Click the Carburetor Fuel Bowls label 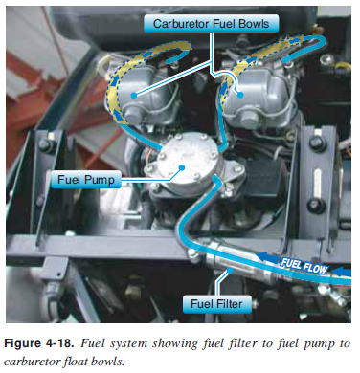pyautogui.click(x=211, y=24)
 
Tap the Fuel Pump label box pyautogui.click(x=86, y=180)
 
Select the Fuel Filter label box pyautogui.click(x=216, y=304)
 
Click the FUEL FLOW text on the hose pyautogui.click(x=304, y=265)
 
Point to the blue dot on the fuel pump pyautogui.click(x=182, y=167)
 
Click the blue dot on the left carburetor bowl pyautogui.click(x=134, y=95)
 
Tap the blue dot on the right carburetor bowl pyautogui.click(x=240, y=95)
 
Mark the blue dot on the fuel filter pyautogui.click(x=230, y=271)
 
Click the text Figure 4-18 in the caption pyautogui.click(x=38, y=343)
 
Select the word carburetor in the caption pyautogui.click(x=31, y=362)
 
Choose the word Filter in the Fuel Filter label pyautogui.click(x=229, y=304)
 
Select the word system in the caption pyautogui.click(x=128, y=343)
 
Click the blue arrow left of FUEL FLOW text pyautogui.click(x=267, y=257)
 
